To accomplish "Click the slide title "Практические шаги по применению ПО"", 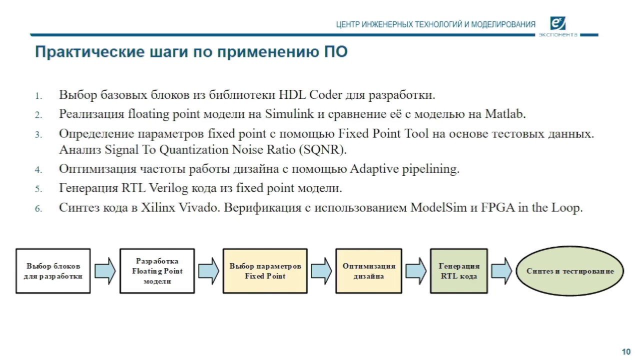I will (190, 52).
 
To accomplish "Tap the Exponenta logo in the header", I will (557, 23).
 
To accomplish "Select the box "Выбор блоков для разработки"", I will (53, 270).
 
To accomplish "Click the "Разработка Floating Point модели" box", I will (157, 270).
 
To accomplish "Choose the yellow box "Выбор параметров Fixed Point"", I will (265, 270).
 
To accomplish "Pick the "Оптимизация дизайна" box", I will (368, 270).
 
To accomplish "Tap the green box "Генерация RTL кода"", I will (458, 270).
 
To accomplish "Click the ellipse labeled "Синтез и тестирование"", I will (570, 270).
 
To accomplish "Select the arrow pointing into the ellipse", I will (501, 271).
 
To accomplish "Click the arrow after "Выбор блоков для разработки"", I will (105, 271).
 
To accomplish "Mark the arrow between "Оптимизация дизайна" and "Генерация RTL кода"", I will (415, 271).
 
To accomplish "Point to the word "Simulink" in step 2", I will (289, 114).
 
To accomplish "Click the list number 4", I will (38, 170).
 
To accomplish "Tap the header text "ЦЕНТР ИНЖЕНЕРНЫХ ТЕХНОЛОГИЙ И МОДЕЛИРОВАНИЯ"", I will (435, 24).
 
